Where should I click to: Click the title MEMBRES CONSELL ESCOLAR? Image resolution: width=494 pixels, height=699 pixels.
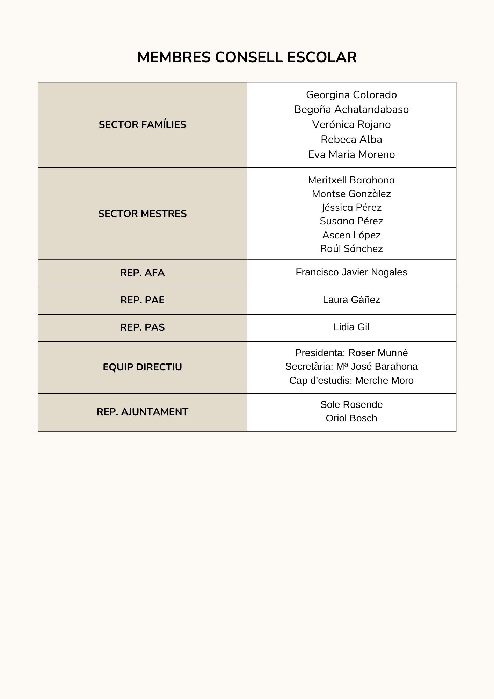tap(247, 57)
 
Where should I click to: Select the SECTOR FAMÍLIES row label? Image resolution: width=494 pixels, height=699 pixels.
tap(142, 125)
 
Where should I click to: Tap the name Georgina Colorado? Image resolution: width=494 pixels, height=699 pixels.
tap(351, 95)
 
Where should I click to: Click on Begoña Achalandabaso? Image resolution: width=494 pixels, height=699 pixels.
tap(351, 109)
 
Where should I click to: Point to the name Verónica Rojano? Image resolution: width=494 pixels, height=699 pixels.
tap(351, 124)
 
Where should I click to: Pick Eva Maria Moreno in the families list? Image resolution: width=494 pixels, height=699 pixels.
tap(351, 154)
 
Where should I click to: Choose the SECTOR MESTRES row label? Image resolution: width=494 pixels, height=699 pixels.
tap(142, 214)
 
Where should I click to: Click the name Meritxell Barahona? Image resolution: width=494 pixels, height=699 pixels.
tap(351, 180)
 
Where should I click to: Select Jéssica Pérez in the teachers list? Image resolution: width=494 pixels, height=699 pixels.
tap(351, 208)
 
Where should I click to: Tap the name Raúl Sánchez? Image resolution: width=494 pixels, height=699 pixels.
tap(351, 249)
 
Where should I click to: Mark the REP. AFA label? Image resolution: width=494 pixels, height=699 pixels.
tap(142, 273)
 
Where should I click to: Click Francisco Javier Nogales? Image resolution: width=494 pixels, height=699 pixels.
tap(351, 272)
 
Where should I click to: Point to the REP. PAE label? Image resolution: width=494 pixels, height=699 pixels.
tap(142, 300)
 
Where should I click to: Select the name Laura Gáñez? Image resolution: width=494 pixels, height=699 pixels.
tap(351, 300)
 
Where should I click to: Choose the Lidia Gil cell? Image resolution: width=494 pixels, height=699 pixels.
tap(351, 327)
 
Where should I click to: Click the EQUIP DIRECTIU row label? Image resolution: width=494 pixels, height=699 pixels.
tap(142, 367)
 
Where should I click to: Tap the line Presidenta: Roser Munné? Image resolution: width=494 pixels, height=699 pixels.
tap(351, 353)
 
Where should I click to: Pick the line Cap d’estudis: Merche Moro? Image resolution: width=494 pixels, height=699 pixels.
tap(351, 381)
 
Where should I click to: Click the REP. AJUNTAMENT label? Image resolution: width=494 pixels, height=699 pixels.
tap(142, 412)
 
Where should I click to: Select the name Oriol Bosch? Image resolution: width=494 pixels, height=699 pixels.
tap(351, 418)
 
